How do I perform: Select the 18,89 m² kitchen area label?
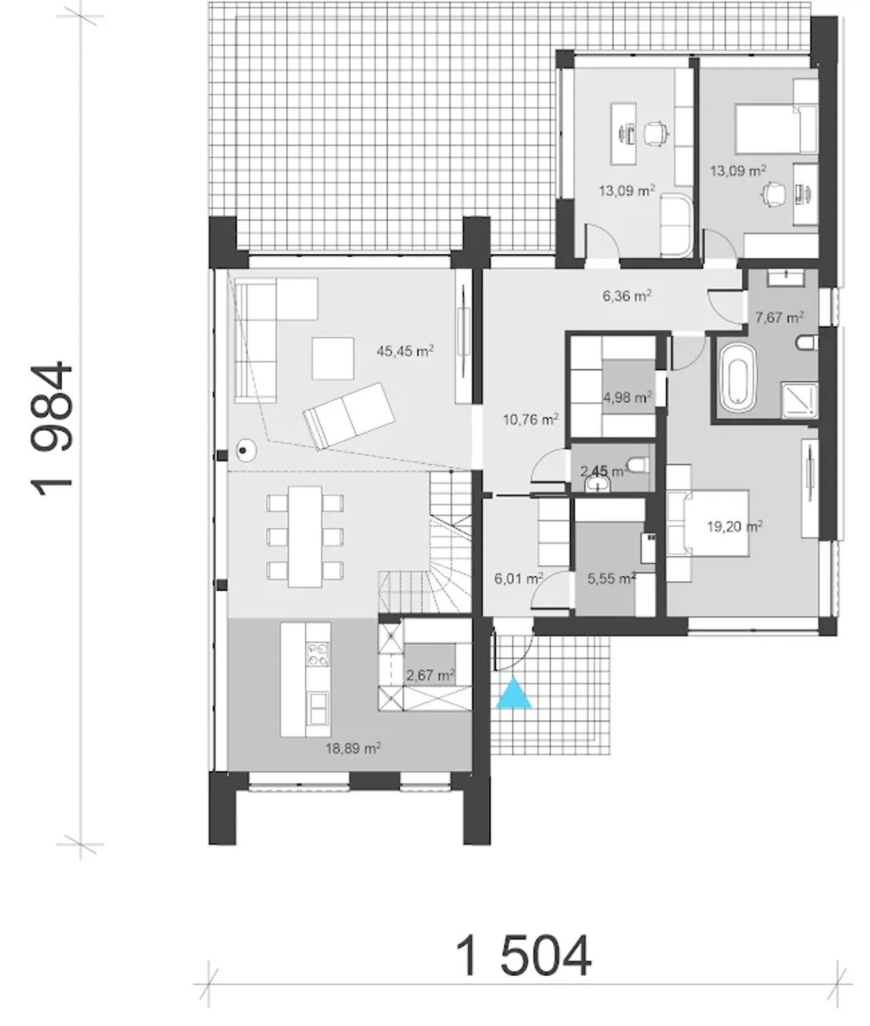353,748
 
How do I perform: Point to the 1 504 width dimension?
523,955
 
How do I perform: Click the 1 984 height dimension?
52,428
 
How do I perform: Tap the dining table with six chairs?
305,537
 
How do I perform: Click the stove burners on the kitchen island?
318,654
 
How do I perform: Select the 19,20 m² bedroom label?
735,526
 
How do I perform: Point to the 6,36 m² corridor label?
627,296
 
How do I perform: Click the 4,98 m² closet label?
627,397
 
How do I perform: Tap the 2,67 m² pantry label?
430,675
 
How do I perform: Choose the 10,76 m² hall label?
530,419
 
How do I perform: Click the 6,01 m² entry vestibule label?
519,578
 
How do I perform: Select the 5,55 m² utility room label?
612,578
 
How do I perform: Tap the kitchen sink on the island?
318,708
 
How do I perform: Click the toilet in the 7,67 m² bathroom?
806,342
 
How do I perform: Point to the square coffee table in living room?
332,358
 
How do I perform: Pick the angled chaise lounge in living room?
349,416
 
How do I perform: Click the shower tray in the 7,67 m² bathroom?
799,400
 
